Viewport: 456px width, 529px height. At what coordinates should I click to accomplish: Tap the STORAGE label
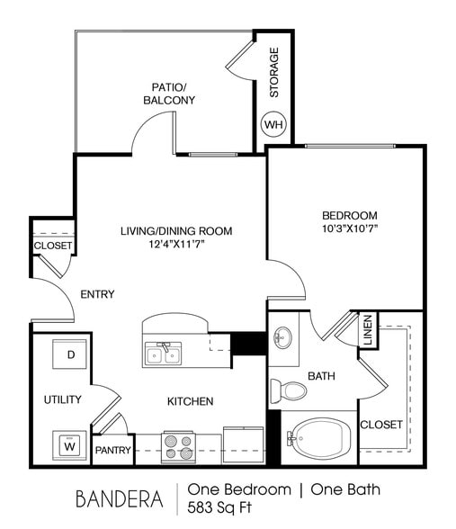click(274, 72)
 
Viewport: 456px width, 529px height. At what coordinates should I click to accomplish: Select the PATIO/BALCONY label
click(168, 94)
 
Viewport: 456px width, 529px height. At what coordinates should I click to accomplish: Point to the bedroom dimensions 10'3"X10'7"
click(349, 229)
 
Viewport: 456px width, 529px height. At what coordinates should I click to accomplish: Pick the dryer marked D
click(70, 354)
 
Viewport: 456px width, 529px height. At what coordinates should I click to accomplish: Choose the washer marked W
click(70, 443)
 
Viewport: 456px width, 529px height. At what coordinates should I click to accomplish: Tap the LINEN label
click(367, 329)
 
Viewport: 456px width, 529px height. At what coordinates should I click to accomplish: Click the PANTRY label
click(113, 450)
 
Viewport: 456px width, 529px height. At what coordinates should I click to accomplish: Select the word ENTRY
click(97, 294)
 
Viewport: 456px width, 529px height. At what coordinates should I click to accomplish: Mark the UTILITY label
click(63, 399)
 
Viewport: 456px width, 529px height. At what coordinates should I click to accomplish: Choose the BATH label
click(321, 375)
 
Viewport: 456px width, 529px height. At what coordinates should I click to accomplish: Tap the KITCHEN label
click(190, 401)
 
